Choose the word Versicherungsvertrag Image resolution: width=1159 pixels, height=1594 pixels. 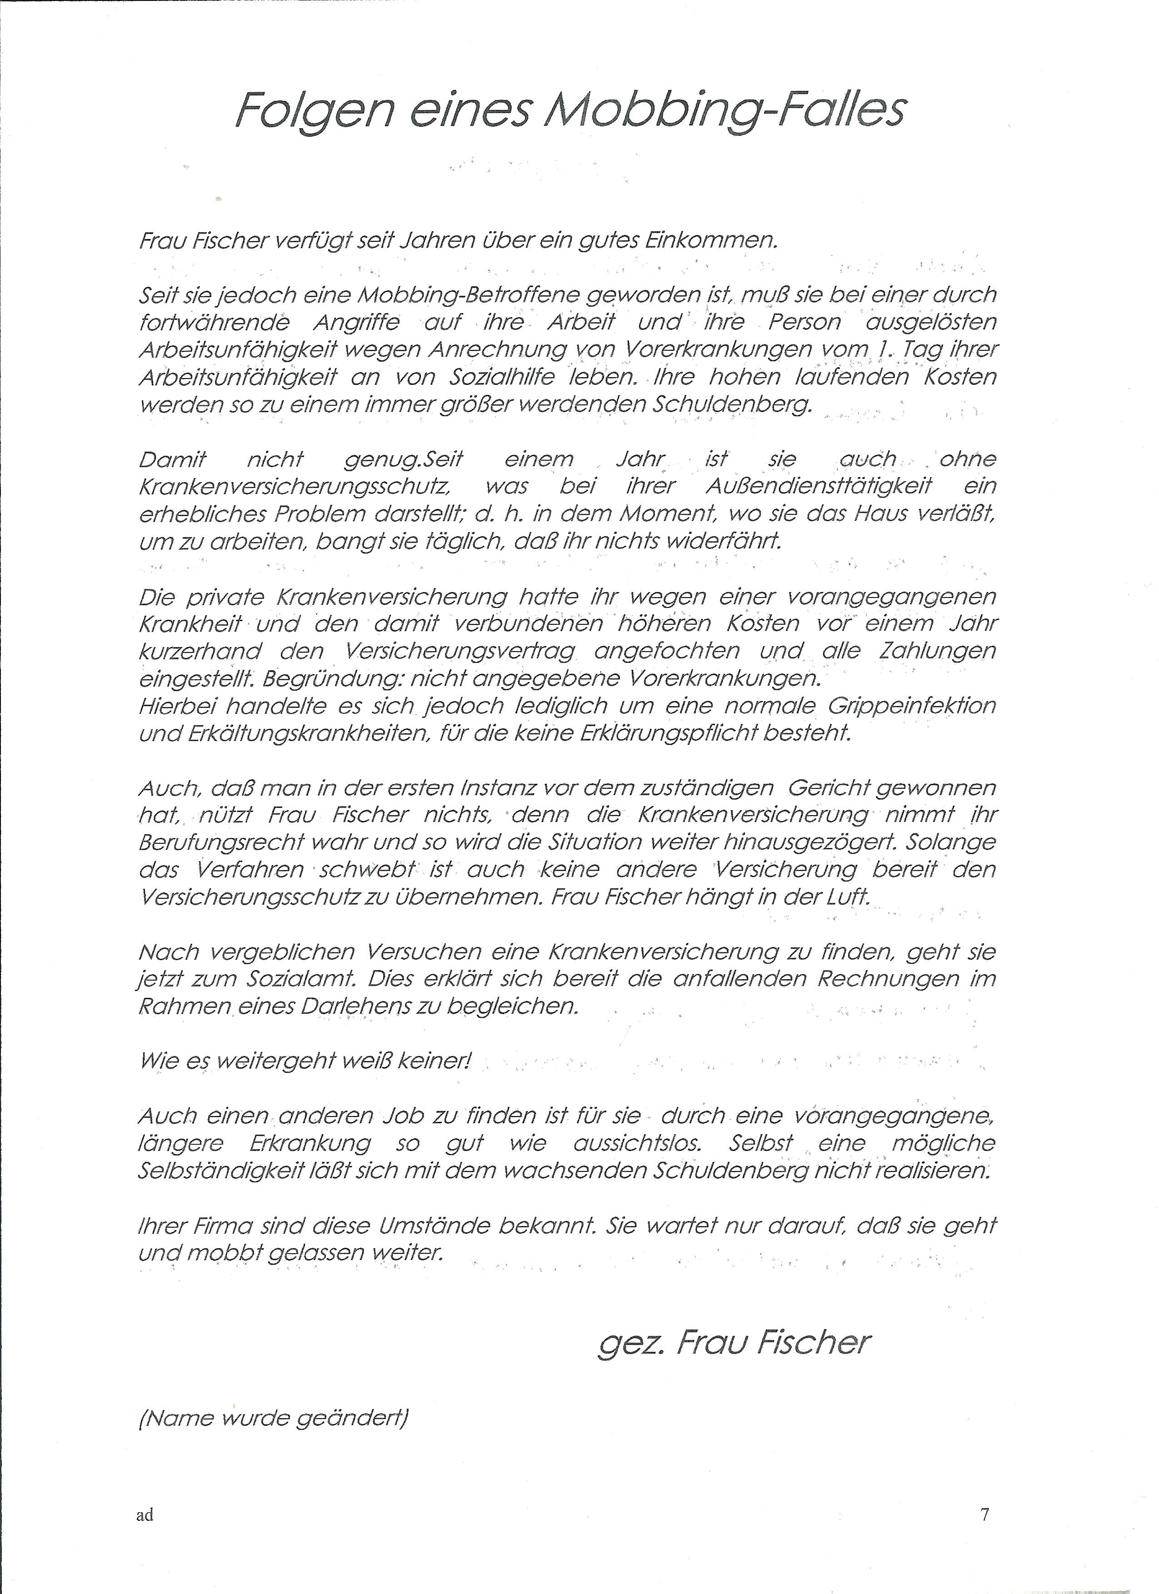pos(460,651)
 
